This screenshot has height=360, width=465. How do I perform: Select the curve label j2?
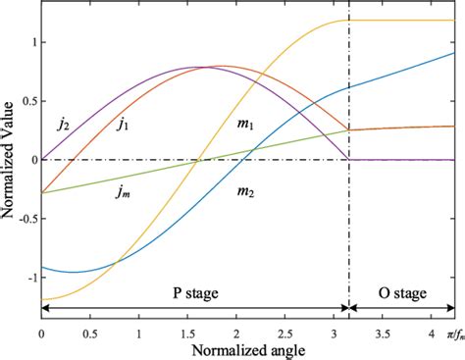(x=64, y=125)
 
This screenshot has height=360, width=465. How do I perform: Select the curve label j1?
(x=125, y=125)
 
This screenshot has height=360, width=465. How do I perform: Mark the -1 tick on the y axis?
(x=29, y=278)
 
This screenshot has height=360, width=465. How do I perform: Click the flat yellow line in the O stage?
(x=402, y=21)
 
